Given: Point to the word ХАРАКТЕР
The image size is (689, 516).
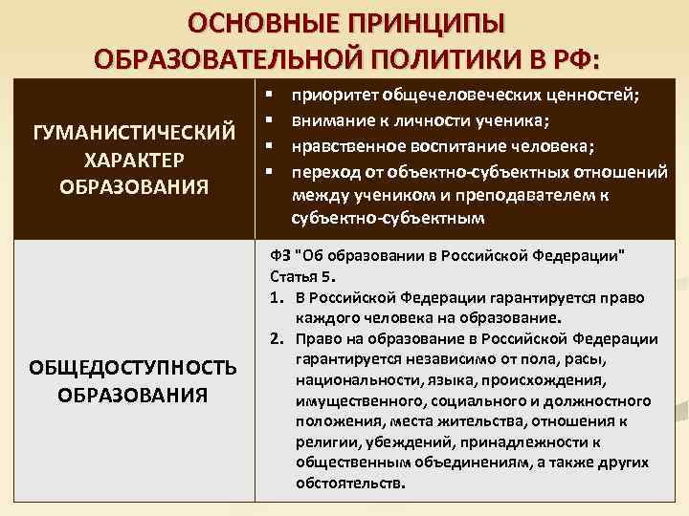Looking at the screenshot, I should click(134, 158).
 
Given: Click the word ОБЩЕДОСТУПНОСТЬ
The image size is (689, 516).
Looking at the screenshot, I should click(133, 369).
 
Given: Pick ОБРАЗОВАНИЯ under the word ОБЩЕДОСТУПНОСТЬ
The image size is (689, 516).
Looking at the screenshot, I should click(133, 394).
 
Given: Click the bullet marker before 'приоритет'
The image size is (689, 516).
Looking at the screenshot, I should click(270, 96).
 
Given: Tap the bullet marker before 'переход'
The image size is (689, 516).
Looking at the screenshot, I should click(270, 170).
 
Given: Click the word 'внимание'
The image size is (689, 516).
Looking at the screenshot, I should click(327, 120).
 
